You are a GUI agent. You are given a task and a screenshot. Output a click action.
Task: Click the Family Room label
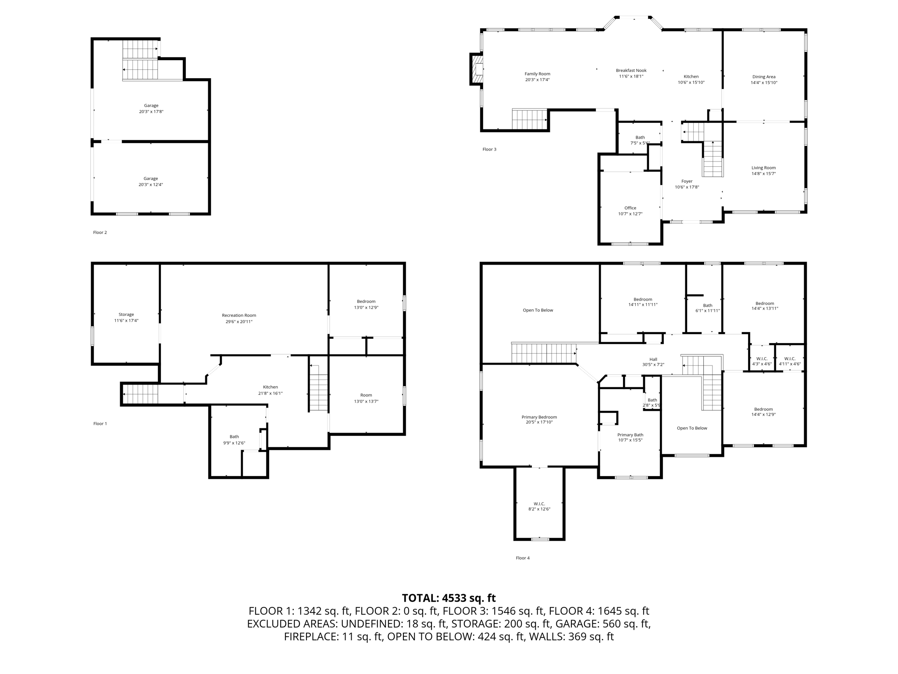tap(537, 74)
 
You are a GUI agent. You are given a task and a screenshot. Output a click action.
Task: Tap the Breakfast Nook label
tap(631, 71)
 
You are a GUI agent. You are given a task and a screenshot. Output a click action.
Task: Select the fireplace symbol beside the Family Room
tap(477, 69)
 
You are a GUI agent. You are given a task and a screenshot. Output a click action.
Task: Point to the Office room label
tap(630, 208)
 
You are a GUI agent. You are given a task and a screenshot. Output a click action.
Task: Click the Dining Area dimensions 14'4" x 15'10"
tap(764, 82)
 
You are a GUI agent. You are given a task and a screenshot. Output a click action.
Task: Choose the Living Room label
tap(763, 168)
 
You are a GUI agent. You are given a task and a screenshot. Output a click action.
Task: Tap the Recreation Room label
tap(239, 315)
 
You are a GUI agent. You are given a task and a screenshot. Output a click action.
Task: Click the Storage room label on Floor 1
tap(126, 315)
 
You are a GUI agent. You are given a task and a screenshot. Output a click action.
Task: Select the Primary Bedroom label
tap(539, 417)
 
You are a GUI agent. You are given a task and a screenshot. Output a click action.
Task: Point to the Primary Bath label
tap(630, 435)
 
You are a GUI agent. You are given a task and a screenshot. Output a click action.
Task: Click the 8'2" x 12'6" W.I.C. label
tap(539, 506)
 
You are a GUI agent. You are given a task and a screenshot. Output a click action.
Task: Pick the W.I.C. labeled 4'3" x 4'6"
tap(762, 361)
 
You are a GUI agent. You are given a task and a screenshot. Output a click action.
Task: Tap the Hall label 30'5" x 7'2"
tap(653, 362)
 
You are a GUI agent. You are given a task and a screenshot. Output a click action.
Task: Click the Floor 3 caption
tap(489, 150)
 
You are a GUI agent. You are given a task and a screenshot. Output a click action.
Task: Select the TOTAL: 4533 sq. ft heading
tap(449, 598)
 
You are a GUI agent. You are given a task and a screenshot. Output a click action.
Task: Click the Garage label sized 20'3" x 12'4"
tap(151, 181)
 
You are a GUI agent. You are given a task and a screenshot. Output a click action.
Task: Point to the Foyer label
tap(687, 181)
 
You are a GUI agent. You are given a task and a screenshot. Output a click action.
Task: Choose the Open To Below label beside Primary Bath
tap(692, 428)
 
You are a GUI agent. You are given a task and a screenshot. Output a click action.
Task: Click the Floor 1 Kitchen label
tap(270, 387)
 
